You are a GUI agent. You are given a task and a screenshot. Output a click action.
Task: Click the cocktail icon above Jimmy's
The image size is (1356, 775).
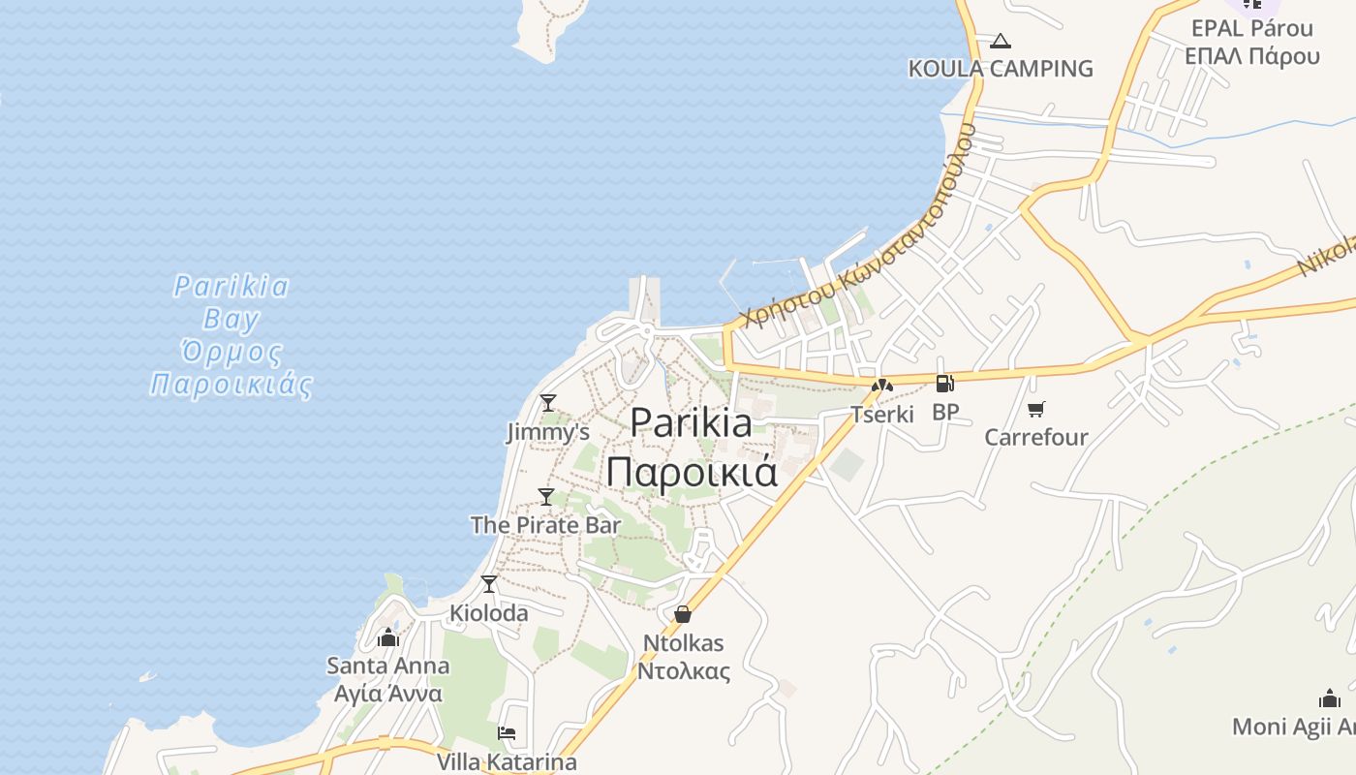[548, 402]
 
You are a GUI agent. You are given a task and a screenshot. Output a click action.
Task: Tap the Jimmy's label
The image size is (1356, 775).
[548, 432]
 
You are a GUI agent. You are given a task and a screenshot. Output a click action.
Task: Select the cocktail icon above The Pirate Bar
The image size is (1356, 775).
[546, 496]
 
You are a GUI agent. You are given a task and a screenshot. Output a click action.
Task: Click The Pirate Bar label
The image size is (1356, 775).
[545, 525]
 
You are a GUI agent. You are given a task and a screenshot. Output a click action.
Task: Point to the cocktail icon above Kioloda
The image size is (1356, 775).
[489, 584]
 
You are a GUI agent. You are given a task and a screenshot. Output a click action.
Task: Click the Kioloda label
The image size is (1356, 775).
[489, 613]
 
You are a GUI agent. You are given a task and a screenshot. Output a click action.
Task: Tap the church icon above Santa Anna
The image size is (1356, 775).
[388, 637]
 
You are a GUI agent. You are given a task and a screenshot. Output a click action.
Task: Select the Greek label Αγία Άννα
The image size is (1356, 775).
[387, 694]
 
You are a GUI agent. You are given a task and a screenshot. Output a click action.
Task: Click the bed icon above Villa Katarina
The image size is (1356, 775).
[507, 733]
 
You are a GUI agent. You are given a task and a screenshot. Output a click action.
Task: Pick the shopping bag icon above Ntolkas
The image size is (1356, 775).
[683, 614]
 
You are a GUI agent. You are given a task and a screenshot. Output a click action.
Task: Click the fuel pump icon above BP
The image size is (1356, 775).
[944, 384]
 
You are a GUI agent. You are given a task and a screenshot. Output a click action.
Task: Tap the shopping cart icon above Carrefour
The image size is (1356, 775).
[1036, 409]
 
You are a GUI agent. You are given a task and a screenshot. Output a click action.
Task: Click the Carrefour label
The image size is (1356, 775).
[1036, 437]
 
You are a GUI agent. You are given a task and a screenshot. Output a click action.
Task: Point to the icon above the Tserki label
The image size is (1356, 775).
[882, 386]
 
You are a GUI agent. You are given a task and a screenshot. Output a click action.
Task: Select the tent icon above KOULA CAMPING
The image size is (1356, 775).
[1001, 41]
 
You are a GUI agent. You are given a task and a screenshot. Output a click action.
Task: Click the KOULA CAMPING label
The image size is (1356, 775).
[1001, 69]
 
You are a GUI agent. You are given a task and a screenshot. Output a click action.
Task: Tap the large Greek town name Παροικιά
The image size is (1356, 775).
[692, 472]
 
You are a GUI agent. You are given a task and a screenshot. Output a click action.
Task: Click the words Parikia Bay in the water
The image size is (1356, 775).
[231, 301]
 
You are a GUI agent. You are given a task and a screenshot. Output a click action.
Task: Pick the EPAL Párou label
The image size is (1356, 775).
[1251, 28]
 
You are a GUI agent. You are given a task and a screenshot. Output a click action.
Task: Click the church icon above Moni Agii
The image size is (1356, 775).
[1330, 698]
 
